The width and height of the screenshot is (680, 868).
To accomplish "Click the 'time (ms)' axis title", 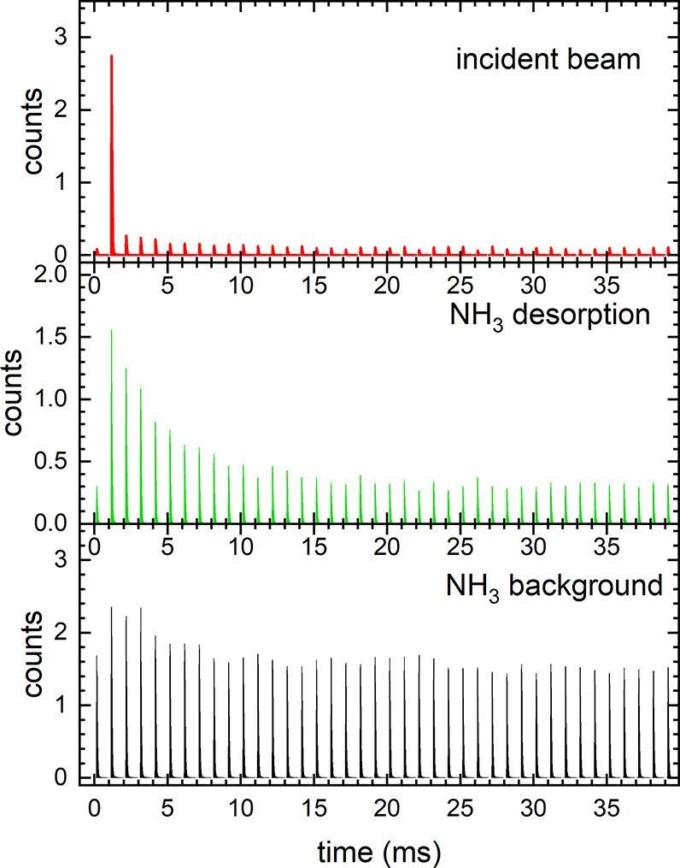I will click(x=380, y=850).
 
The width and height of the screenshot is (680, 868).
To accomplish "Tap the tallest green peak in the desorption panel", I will click(x=112, y=332).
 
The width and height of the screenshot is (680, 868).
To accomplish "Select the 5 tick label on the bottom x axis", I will click(x=168, y=808).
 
